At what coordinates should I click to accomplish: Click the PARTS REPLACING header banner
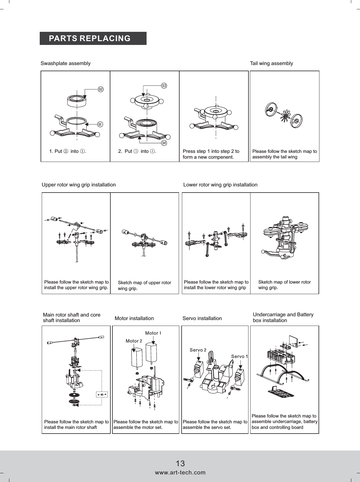[x=93, y=39]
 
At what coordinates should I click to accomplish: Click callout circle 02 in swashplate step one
[x=100, y=89]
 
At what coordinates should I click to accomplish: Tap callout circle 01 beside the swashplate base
[x=100, y=124]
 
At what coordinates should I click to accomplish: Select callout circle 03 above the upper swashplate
[x=164, y=86]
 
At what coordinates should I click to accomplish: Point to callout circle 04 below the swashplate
[x=164, y=143]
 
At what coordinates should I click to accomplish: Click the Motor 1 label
[x=153, y=333]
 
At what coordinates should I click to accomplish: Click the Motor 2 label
[x=134, y=341]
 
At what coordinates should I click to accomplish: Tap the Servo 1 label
[x=239, y=356]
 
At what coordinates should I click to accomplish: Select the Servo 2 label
[x=198, y=350]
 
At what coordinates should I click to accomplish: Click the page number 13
[x=180, y=463]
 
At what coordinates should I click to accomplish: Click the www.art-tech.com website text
[x=180, y=472]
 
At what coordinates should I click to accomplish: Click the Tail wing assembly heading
[x=271, y=63]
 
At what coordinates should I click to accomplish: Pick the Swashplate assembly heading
[x=65, y=63]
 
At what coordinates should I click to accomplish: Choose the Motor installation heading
[x=134, y=318]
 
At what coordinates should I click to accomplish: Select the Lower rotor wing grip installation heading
[x=220, y=185]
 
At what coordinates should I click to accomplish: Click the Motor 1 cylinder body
[x=151, y=352]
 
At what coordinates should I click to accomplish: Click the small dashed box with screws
[x=102, y=394]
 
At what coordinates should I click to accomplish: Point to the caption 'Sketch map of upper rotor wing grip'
[x=144, y=285]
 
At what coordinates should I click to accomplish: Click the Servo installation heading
[x=202, y=318]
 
